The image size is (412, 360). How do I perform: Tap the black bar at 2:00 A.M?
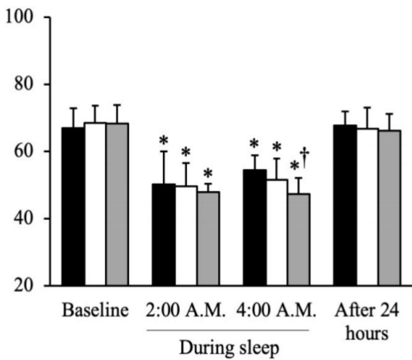164,234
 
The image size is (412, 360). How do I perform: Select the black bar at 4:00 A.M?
255,227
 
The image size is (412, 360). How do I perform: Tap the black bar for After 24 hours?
345,205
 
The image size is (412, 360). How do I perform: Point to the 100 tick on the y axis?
47,17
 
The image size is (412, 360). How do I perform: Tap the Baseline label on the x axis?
95,312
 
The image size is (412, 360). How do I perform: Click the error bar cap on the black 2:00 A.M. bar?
164,151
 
